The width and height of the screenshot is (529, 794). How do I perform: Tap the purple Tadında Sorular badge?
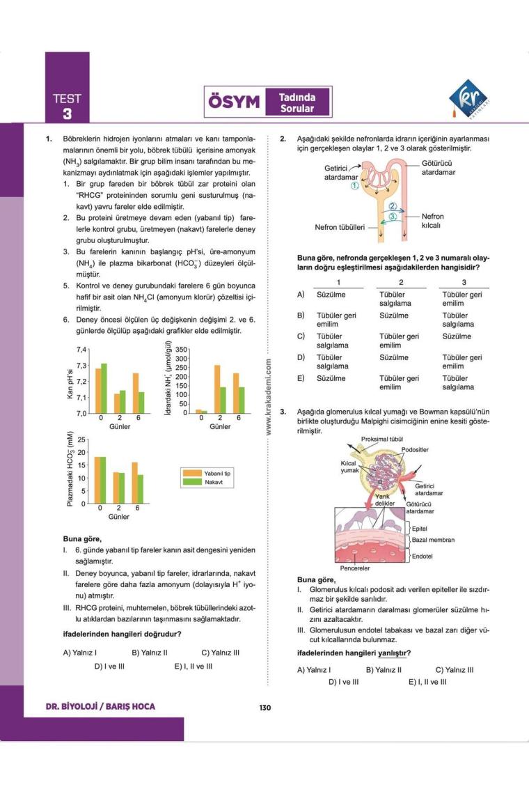[297, 103]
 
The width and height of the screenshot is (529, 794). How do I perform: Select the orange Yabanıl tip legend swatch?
[191, 473]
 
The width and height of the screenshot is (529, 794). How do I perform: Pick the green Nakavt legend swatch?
[191, 481]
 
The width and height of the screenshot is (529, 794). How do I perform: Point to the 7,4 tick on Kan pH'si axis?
[81, 350]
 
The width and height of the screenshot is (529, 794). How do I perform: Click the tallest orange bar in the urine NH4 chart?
[217, 389]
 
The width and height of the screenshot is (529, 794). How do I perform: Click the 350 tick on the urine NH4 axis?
[182, 350]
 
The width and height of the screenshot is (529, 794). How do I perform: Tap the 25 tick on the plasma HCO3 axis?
[81, 439]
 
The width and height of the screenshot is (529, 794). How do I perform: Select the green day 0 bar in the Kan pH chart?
[104, 388]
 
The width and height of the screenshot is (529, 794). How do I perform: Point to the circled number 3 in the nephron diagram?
[393, 217]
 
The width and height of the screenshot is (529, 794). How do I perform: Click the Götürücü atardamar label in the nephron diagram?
[439, 168]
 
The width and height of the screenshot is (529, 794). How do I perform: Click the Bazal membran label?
[433, 540]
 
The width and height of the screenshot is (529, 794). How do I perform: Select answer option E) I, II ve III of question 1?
[193, 666]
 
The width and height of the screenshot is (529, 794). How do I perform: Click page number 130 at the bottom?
[264, 708]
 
